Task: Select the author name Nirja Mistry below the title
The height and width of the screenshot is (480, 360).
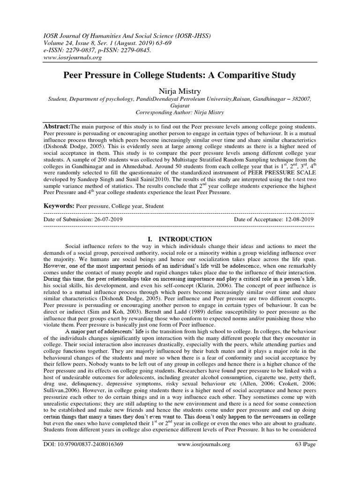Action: click(180, 90)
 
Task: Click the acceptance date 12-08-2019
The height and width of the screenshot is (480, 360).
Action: click(296, 219)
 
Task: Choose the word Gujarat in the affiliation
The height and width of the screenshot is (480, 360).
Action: click(180, 106)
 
